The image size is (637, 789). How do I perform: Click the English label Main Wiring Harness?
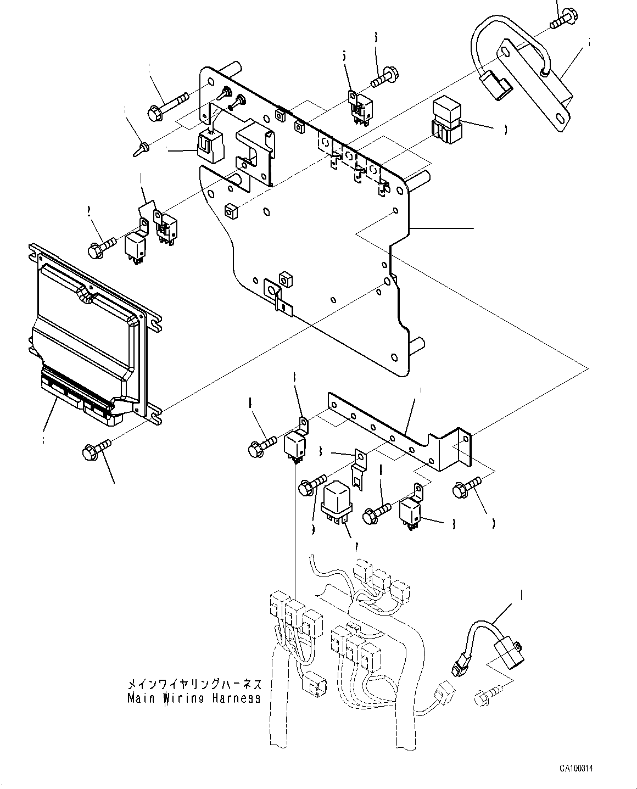tap(193, 698)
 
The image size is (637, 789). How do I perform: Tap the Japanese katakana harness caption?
tap(193, 685)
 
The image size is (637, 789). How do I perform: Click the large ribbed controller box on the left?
tap(88, 329)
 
